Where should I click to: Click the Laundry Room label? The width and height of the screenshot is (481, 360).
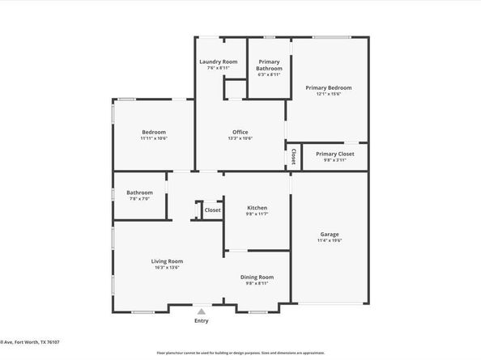219,61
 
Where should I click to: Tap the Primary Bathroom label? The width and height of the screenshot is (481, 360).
269,65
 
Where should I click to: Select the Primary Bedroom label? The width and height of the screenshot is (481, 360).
328,87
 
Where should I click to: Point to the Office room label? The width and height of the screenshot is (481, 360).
240,132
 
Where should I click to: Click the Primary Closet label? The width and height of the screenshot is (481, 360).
335,154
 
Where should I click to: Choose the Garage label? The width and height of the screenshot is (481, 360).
329,235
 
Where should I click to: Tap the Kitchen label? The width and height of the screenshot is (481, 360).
257,208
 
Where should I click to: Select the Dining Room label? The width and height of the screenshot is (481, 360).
257,277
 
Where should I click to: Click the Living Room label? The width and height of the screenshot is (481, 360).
167,260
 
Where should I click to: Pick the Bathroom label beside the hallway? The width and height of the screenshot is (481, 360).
139,193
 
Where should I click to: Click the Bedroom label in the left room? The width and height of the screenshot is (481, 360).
153,132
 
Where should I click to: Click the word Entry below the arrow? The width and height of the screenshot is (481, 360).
202,321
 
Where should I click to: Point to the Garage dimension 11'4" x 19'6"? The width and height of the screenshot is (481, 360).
329,240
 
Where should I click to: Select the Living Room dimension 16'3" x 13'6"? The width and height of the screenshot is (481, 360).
167,267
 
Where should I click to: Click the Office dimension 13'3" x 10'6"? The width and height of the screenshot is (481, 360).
240,138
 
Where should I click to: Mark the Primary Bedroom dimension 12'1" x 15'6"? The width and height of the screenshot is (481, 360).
328,94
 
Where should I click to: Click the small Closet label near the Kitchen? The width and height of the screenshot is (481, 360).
212,210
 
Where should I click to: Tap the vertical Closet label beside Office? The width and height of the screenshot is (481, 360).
293,156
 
